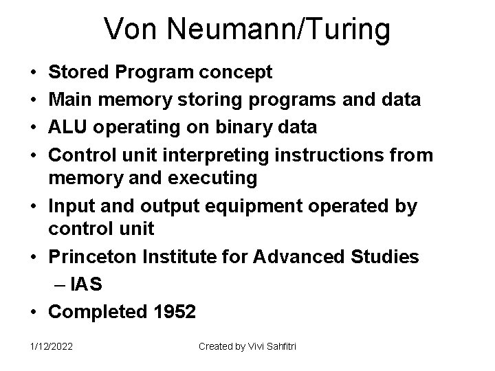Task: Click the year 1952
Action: coord(172,311)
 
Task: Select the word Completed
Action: coord(96,311)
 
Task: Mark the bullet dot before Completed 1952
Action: coord(34,311)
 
